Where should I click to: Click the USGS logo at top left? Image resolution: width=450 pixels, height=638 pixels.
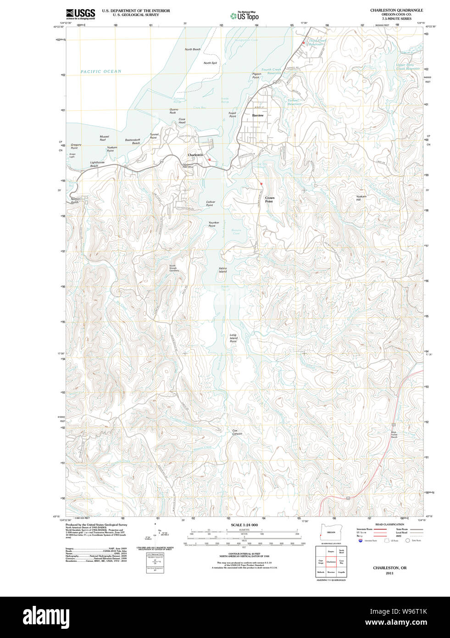80,14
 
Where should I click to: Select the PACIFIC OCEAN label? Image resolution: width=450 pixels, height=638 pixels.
101,72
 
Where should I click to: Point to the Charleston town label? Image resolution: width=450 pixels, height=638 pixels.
195,155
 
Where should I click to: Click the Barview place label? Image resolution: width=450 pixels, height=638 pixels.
258,116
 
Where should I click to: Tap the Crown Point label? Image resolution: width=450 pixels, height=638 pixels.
269,200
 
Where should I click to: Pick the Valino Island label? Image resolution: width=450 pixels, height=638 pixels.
222,270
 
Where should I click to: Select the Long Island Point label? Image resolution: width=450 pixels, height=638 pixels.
233,338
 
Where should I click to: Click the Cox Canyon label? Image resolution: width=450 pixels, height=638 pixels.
237,432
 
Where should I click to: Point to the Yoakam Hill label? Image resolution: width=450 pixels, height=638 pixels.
361,198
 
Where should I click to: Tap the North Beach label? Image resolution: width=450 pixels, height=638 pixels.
192,49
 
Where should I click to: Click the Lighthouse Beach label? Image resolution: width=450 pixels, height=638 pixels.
97,164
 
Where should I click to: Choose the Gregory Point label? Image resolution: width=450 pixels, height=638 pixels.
76,146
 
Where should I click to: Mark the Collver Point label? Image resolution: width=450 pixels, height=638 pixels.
210,203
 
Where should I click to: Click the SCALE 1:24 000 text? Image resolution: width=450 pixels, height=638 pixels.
244,525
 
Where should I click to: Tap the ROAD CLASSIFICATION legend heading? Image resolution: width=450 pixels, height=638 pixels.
389,524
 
